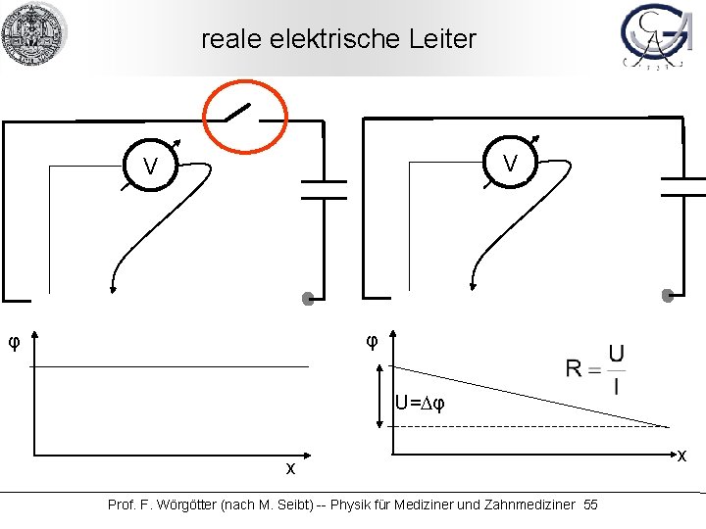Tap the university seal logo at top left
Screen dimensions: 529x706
33,33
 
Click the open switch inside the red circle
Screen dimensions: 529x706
244,114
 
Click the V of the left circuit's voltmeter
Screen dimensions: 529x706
150,168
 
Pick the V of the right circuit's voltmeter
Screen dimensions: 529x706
510,163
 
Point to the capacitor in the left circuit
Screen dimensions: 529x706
323,189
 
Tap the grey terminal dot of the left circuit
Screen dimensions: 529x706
308,299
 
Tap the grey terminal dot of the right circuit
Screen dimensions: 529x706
668,295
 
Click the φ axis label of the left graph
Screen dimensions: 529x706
14,342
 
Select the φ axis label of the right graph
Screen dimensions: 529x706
372,341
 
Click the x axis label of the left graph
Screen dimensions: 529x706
290,468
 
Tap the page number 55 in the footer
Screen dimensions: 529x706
590,505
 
